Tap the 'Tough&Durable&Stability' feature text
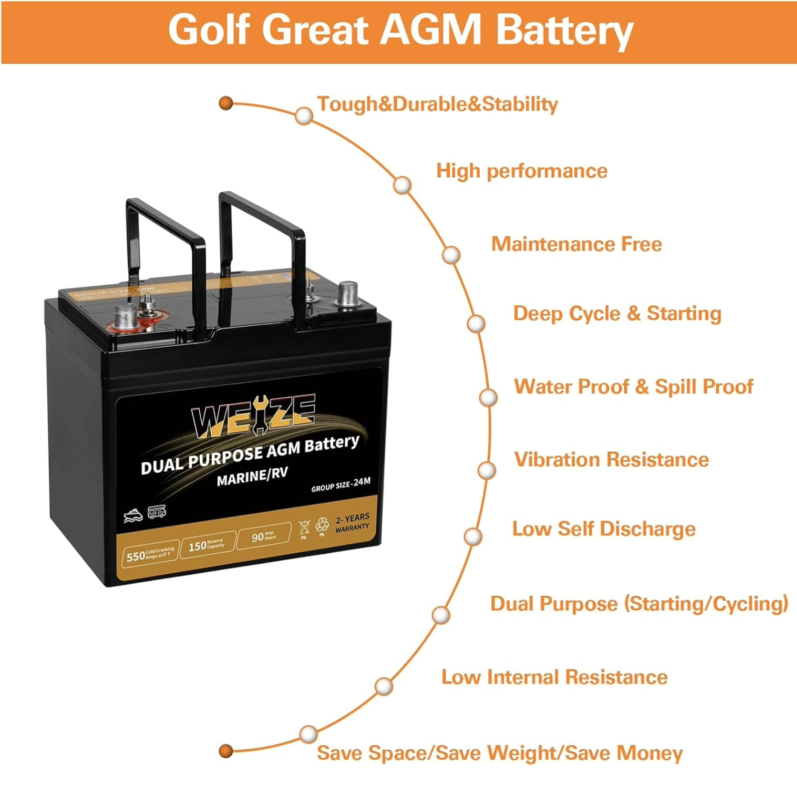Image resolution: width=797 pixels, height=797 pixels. tap(437, 104)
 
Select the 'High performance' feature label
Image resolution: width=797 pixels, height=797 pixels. tap(522, 171)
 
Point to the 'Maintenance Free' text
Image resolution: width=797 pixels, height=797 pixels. tap(576, 244)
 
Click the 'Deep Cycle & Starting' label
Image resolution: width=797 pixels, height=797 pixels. tap(617, 314)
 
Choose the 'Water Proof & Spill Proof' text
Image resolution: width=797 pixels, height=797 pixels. tap(633, 387)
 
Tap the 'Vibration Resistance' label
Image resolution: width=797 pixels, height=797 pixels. tap(611, 459)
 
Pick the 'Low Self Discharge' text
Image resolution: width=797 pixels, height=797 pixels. tap(603, 529)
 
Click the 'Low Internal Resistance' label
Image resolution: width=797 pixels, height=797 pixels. tap(554, 677)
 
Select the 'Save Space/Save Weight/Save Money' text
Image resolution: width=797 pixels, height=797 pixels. tap(499, 753)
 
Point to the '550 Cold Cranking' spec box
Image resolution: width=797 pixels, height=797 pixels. tap(149, 554)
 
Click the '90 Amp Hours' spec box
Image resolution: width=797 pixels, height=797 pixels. tap(264, 536)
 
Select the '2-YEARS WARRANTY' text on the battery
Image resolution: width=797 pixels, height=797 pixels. tap(352, 523)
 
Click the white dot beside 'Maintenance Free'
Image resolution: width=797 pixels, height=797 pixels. tap(451, 255)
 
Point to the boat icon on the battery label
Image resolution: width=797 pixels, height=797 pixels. tap(133, 516)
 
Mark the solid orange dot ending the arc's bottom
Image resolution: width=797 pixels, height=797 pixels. tap(226, 751)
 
